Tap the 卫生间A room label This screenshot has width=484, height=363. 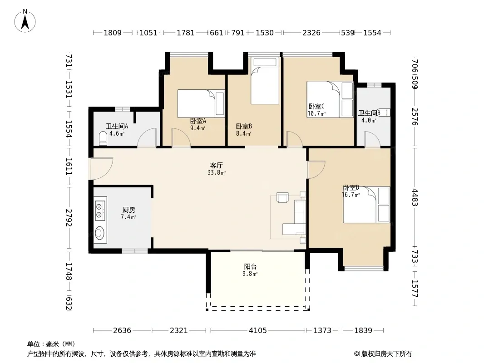pos(117,127)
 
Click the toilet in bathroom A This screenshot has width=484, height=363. pos(103,138)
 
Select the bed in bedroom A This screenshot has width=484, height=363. pos(201,103)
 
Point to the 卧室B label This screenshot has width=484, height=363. pos(244,127)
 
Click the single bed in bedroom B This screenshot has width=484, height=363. pos(265,81)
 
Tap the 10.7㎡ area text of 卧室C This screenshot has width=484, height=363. pos(316,114)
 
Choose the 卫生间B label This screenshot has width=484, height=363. pos(369,113)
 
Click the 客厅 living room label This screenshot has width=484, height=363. pos(217,166)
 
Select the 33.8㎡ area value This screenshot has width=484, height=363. pos(217,173)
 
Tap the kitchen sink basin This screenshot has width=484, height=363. pos(99,233)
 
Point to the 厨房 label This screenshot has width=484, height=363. pos(128,210)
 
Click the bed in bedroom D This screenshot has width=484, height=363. pos(366,205)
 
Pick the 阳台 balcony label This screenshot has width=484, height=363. pos(250,267)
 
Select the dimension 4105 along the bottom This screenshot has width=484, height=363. pos(258,331)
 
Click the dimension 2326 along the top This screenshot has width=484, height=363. pos(311,33)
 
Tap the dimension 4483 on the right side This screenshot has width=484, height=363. pos(415,197)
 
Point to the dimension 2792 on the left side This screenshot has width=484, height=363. pos(69,218)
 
